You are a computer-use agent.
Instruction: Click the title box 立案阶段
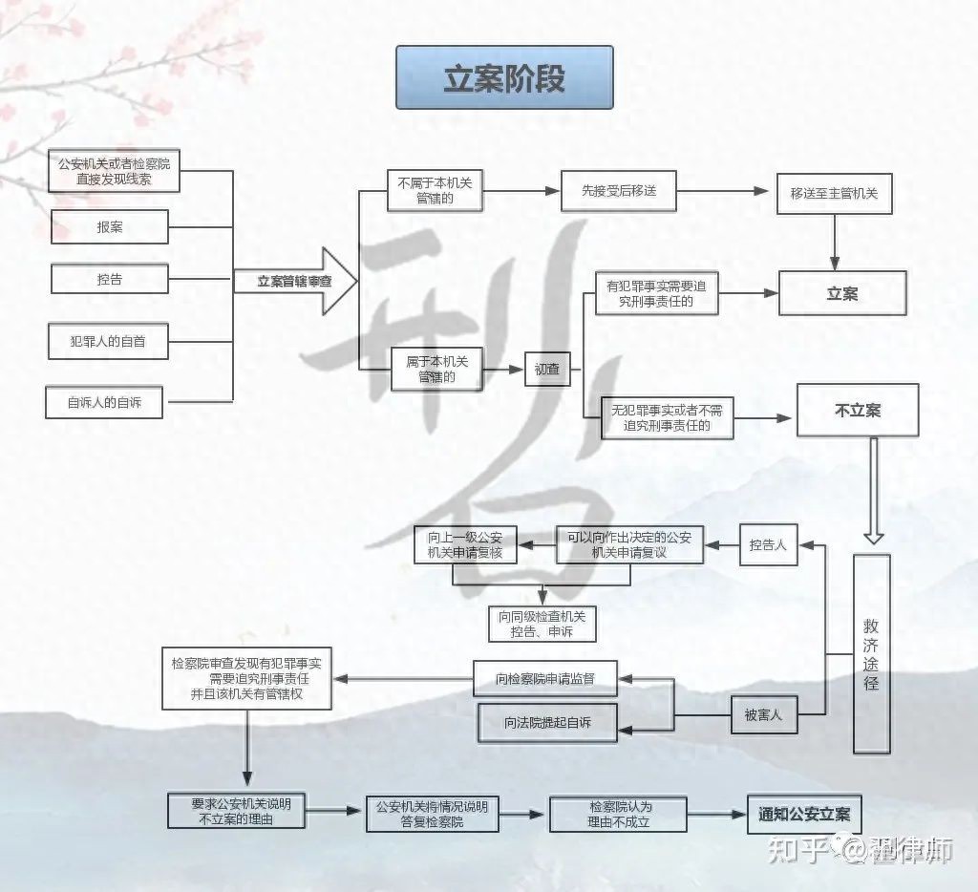(x=504, y=77)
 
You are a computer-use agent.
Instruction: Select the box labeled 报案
(x=110, y=227)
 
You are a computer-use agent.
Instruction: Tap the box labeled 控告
(x=110, y=279)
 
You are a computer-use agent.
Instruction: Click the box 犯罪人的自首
(x=108, y=340)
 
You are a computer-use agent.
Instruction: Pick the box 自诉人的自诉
(x=103, y=402)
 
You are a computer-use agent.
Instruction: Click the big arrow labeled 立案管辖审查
(x=295, y=281)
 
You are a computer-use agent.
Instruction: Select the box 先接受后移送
(x=619, y=191)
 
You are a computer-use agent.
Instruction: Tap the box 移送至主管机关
(x=834, y=194)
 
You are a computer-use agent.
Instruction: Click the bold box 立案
(x=842, y=294)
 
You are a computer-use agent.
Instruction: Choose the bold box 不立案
(x=857, y=411)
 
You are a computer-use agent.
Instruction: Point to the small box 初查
(x=547, y=369)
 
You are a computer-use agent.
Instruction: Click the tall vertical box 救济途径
(x=871, y=653)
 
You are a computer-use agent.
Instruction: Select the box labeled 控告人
(x=769, y=544)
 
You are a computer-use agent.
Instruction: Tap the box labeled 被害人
(x=763, y=713)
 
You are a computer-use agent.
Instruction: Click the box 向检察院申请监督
(x=545, y=679)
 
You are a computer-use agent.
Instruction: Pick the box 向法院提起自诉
(x=547, y=722)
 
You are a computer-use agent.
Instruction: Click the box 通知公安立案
(x=804, y=815)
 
